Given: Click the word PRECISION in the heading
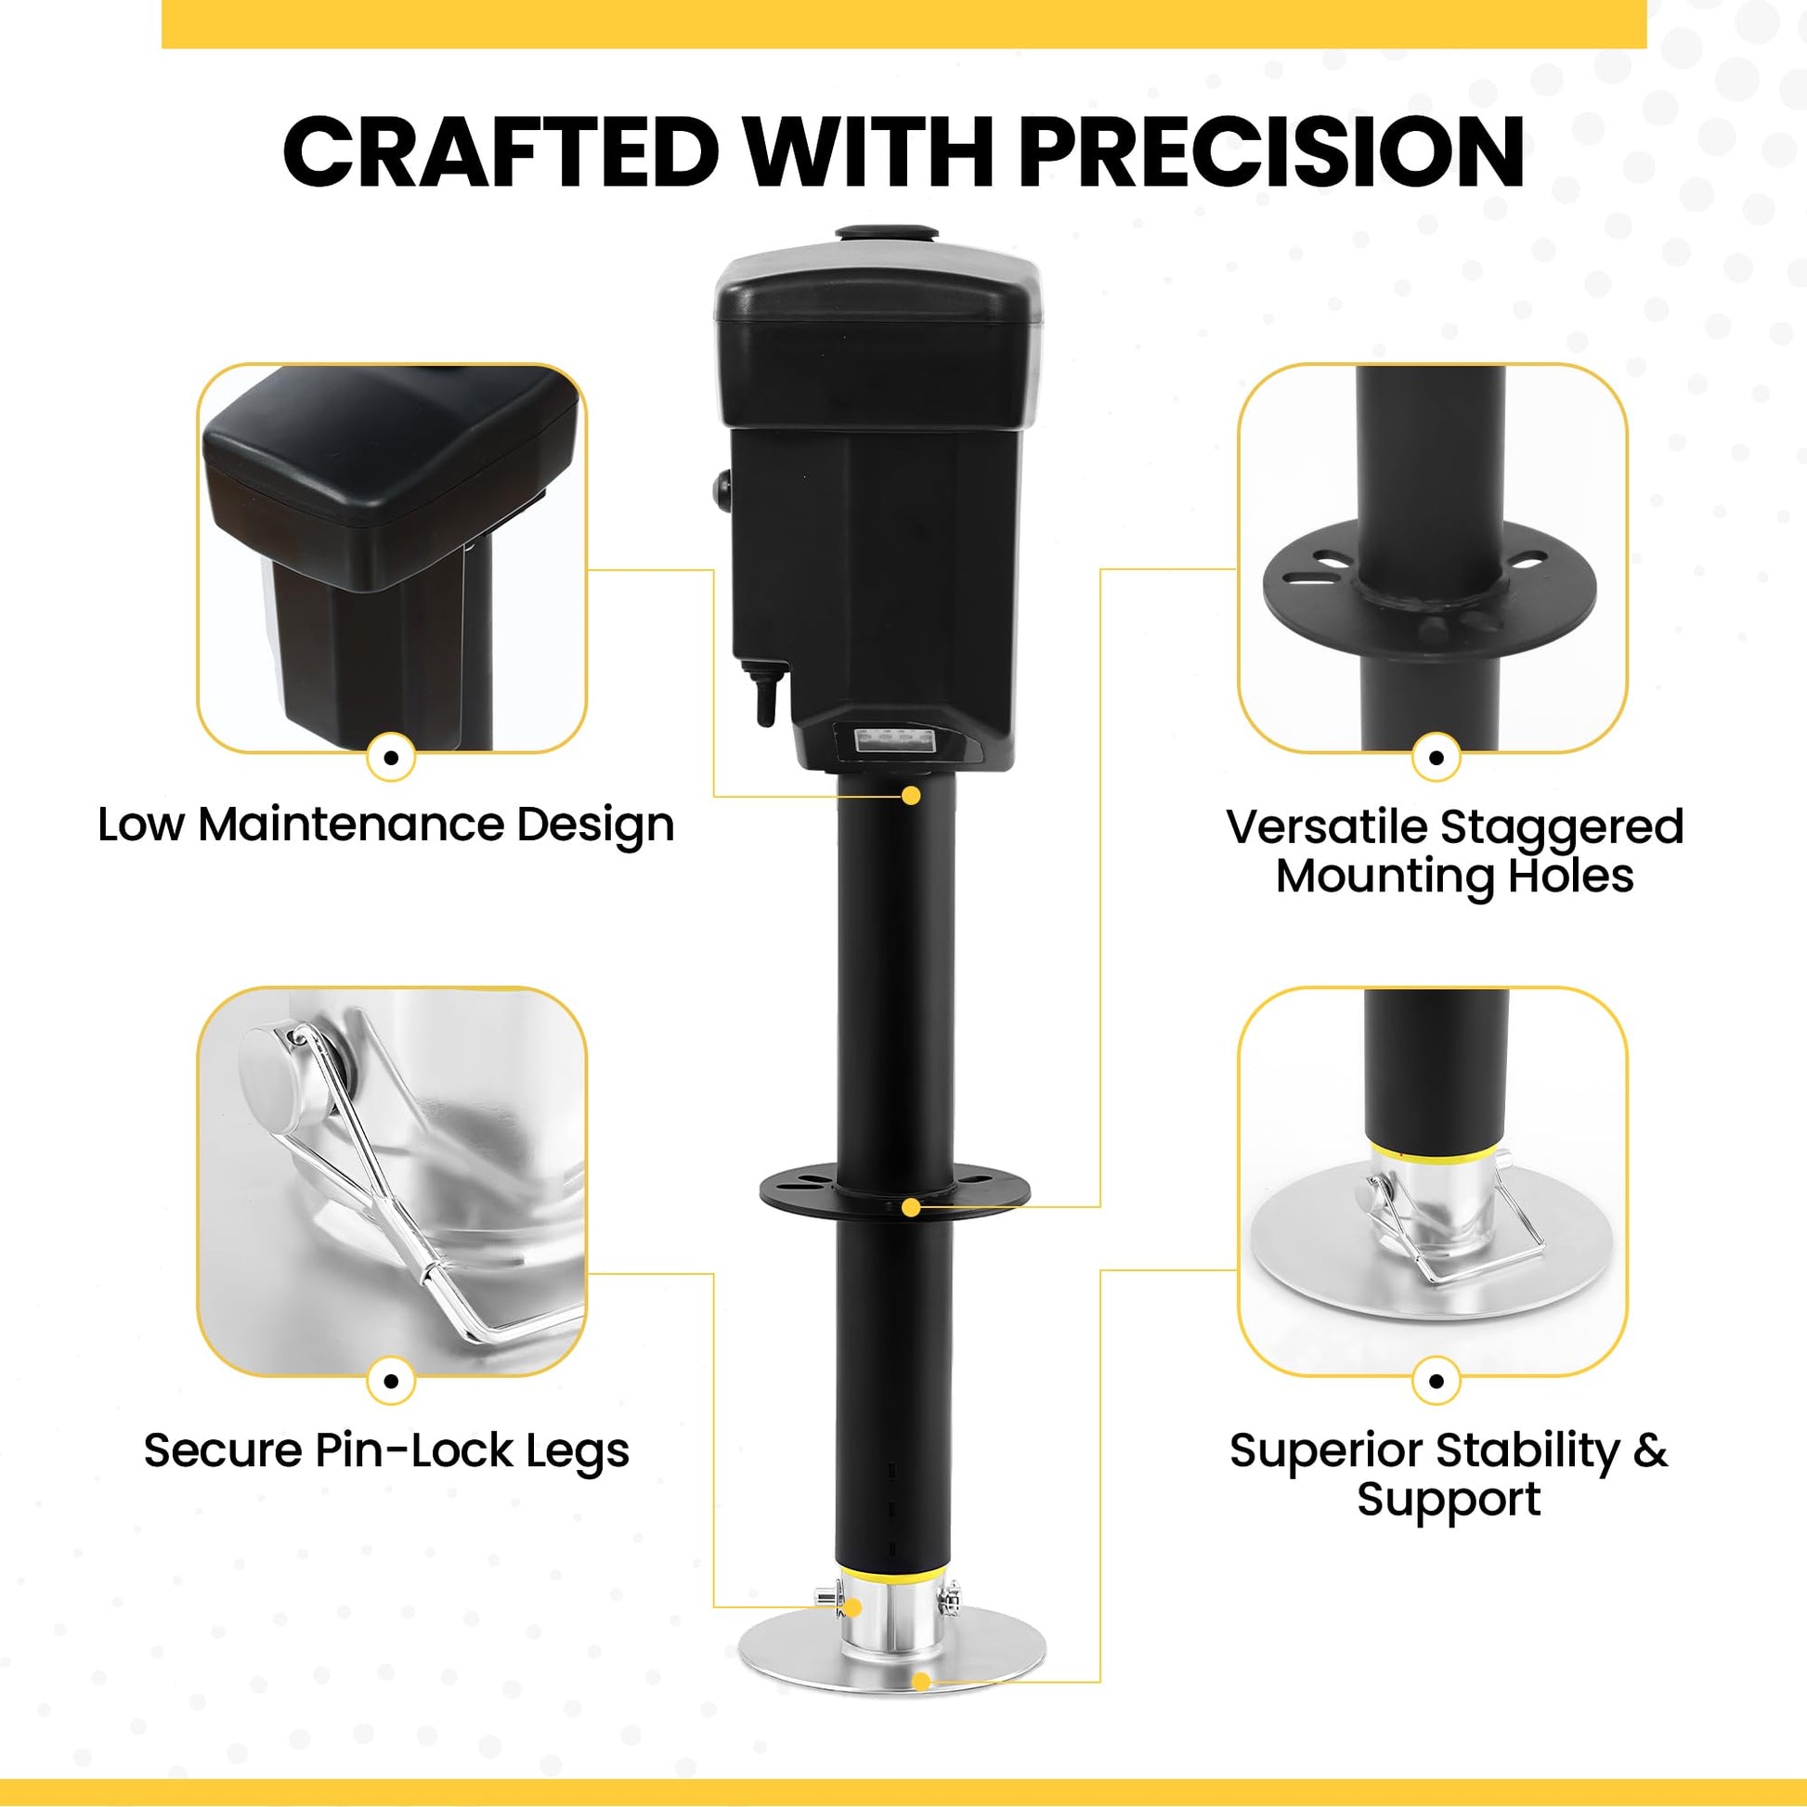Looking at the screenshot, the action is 1271,151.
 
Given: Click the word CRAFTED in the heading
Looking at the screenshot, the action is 501,151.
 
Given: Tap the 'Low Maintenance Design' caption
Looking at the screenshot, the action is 386,825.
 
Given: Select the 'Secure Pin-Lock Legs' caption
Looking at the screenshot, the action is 386,1450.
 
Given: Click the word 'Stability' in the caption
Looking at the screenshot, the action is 1527,1450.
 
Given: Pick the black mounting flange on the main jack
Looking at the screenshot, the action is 895,1189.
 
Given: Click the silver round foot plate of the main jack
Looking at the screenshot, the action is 891,1653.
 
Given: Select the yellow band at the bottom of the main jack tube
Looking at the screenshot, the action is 894,1571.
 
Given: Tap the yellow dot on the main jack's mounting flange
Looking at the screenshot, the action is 911,1207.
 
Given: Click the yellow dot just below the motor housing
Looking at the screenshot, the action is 911,795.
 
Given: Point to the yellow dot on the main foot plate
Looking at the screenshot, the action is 921,1682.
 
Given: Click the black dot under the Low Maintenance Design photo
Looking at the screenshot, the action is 391,757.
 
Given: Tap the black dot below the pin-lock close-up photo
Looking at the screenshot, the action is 391,1381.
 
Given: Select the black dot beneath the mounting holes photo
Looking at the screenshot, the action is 1436,757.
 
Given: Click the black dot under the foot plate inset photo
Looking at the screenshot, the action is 1436,1381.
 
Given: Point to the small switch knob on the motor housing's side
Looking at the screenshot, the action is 723,489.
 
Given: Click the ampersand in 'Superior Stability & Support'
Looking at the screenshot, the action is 1651,1450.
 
